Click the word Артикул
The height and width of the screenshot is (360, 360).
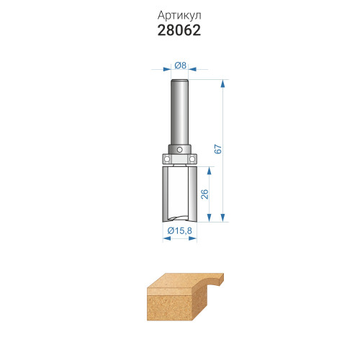pos(179,16)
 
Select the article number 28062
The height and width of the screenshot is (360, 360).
pos(179,30)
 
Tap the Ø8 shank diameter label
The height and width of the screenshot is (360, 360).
pos(180,65)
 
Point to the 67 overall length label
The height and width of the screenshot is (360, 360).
pos(218,149)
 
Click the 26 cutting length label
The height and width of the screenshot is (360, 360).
pos(204,194)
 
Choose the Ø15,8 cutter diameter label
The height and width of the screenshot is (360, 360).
pos(180,231)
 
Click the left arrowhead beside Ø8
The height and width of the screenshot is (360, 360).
pos(167,69)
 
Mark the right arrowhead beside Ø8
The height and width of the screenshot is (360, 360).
pos(192,69)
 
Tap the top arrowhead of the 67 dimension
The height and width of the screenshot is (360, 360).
pos(223,84)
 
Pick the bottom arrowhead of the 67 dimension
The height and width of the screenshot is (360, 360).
pos(223,217)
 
